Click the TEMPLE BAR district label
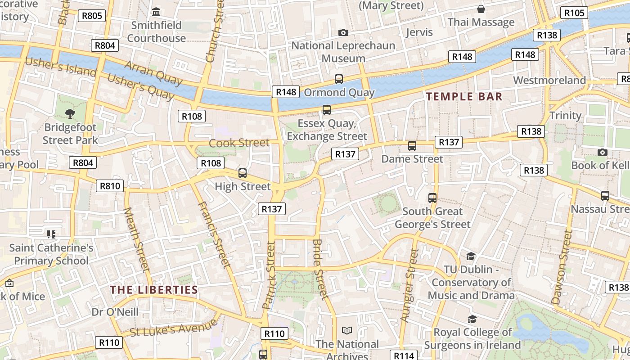click(x=464, y=96)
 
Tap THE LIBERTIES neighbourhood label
click(x=154, y=290)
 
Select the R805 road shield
click(x=91, y=16)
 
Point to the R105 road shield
click(x=575, y=13)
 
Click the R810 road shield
click(x=110, y=186)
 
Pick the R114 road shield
click(x=404, y=355)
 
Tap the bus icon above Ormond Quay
click(x=339, y=79)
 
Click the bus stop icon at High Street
click(x=243, y=173)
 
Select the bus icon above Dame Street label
click(x=412, y=145)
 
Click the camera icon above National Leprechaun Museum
click(x=343, y=32)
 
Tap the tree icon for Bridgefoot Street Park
click(x=70, y=113)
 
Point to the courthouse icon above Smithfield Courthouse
click(x=156, y=11)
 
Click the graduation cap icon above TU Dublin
click(x=471, y=256)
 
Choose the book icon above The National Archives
click(x=346, y=331)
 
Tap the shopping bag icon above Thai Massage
click(x=481, y=9)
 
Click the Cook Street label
click(x=239, y=143)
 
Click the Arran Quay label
click(x=153, y=73)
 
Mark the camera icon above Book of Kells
click(x=602, y=152)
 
